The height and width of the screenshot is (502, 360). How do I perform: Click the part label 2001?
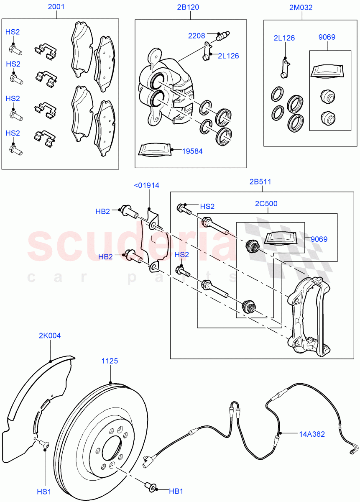coord(56,7)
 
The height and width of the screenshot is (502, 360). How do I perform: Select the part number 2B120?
coord(191,7)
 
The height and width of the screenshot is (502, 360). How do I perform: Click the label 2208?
coord(197,36)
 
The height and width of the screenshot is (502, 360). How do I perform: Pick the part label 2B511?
coord(260,182)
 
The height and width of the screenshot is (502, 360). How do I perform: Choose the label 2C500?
coord(266,204)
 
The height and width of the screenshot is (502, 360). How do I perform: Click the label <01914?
coord(146,185)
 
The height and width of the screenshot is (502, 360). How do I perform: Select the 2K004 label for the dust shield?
coord(50,336)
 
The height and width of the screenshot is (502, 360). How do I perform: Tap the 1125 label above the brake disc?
coord(110,361)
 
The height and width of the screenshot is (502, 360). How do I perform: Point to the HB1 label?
coord(176,491)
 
